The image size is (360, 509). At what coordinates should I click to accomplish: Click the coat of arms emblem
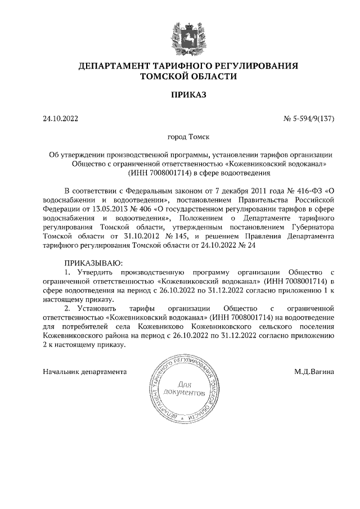180,33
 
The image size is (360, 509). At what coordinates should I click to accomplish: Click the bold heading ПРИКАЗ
180,95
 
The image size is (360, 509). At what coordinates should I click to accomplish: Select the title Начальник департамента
84,372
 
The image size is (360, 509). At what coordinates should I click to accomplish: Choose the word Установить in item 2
96,308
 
